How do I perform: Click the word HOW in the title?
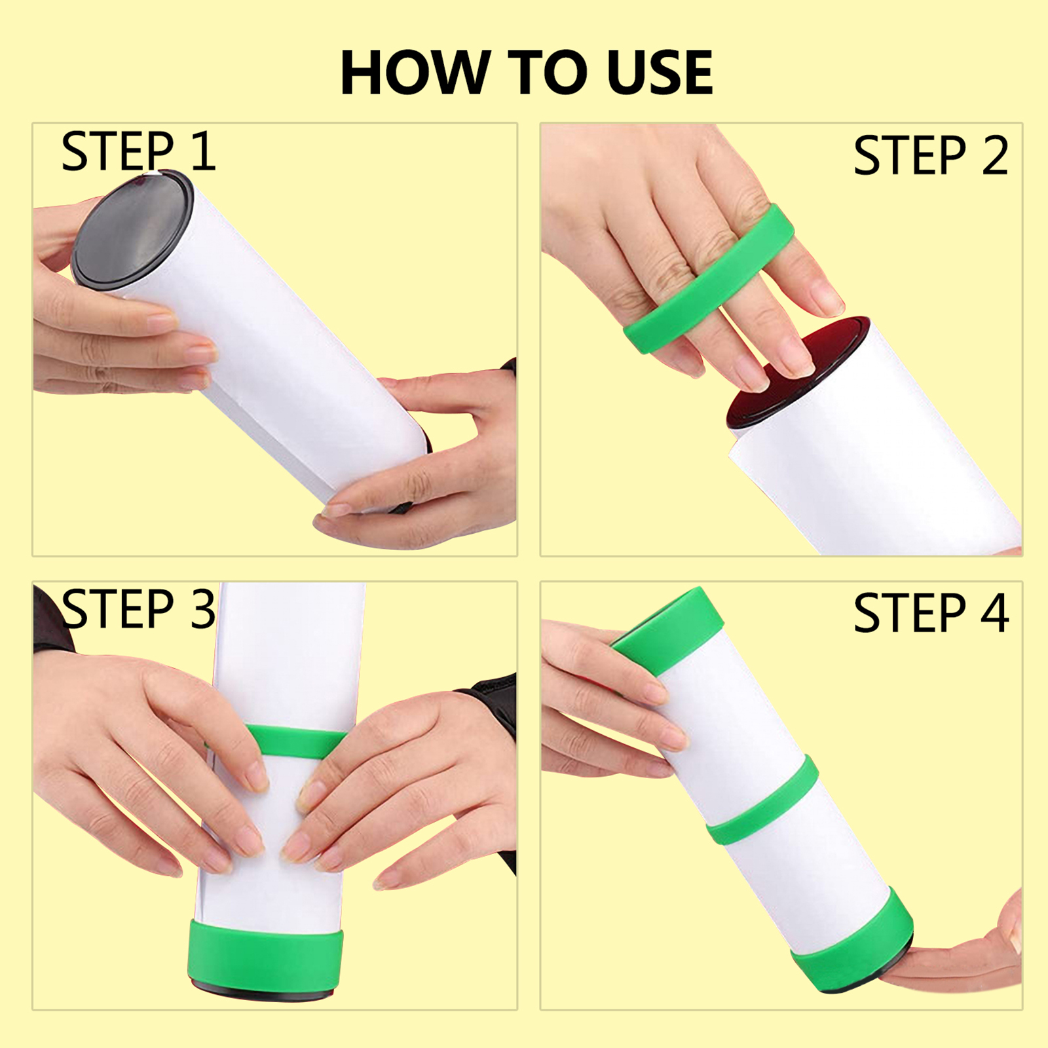tap(416, 73)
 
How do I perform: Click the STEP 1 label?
tap(138, 151)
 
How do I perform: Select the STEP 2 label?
tap(931, 156)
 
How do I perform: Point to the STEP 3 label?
tap(138, 609)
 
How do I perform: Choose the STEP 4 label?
tap(931, 614)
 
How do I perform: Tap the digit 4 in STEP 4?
tap(995, 614)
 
